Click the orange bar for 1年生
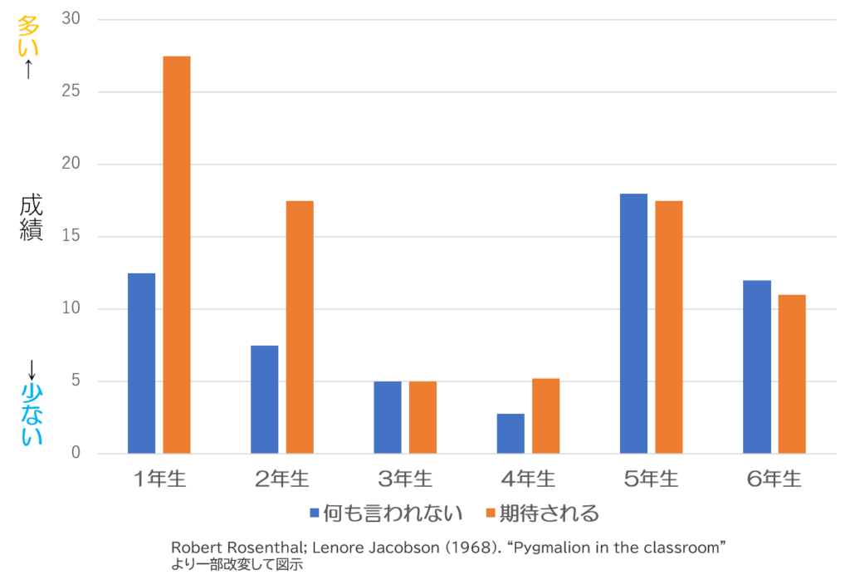coord(177,254)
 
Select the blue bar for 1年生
coord(141,363)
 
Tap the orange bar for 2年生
coord(300,327)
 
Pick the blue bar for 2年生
coord(264,400)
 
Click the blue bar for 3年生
coord(387,417)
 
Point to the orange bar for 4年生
coord(546,415)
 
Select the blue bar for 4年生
coord(510,433)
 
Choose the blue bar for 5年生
coord(633,323)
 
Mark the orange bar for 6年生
coord(792,374)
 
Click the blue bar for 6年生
coord(757,366)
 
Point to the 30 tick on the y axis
coord(71,18)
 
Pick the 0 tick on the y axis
coord(76,454)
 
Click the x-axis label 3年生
coord(405,479)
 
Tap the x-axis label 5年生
coord(651,479)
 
